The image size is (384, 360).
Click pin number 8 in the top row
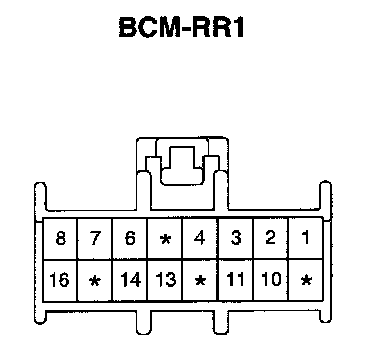pyautogui.click(x=60, y=238)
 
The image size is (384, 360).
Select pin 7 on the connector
pyautogui.click(x=95, y=238)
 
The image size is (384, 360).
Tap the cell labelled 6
pyautogui.click(x=130, y=238)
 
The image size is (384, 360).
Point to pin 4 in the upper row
pyautogui.click(x=199, y=238)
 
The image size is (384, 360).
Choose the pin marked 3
pyautogui.click(x=236, y=238)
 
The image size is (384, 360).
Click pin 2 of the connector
pyautogui.click(x=270, y=238)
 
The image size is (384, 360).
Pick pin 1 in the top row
pyautogui.click(x=305, y=238)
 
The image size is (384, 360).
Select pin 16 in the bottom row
pyautogui.click(x=60, y=279)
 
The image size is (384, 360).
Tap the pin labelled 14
pyautogui.click(x=130, y=279)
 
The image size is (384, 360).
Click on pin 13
pyautogui.click(x=166, y=279)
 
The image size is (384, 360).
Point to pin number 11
pyautogui.click(x=235, y=279)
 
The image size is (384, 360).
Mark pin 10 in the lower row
pyautogui.click(x=271, y=279)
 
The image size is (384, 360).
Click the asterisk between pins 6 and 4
pyautogui.click(x=165, y=239)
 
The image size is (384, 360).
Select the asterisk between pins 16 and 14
pyautogui.click(x=95, y=282)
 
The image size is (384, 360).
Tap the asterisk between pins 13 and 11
pyautogui.click(x=200, y=281)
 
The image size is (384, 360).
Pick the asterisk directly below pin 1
pyautogui.click(x=306, y=280)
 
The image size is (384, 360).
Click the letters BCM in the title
pyautogui.click(x=148, y=27)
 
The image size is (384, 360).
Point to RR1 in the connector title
pyautogui.click(x=218, y=27)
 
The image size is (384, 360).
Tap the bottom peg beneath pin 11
pyautogui.click(x=221, y=323)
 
